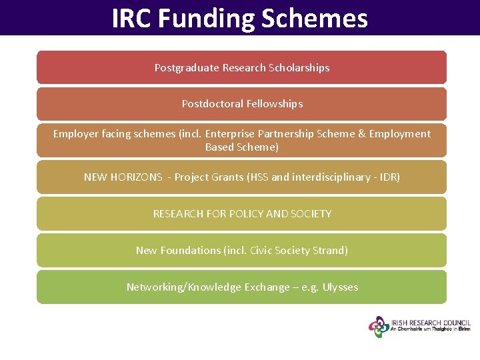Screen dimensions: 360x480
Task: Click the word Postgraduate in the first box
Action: (x=187, y=68)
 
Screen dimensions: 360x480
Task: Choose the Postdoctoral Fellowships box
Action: (x=241, y=104)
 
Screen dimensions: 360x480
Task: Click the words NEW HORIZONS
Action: (x=123, y=177)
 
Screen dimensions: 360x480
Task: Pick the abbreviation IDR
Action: (x=386, y=177)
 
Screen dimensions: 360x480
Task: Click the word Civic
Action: (x=261, y=251)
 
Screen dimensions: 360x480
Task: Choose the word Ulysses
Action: (x=340, y=287)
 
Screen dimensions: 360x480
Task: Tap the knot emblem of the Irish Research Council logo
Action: (x=379, y=327)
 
